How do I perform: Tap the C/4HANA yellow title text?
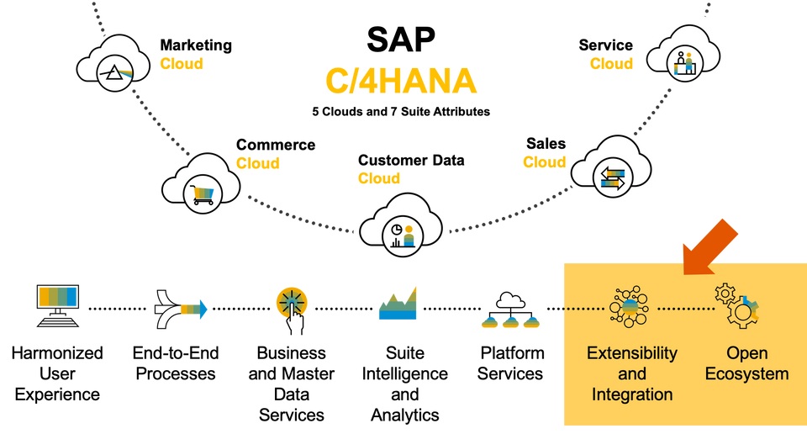401,81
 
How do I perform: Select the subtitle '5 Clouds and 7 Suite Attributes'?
400,112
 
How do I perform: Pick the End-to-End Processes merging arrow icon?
180,309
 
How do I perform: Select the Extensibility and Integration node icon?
631,308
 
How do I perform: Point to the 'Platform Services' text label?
510,363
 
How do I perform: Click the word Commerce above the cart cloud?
275,145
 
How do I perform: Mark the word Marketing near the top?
196,45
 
